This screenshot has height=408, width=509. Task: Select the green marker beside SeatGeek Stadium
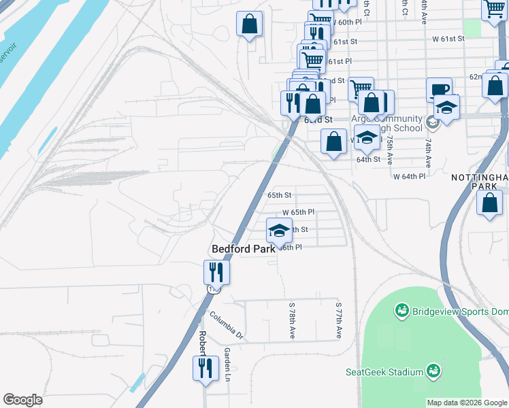[x=433, y=371]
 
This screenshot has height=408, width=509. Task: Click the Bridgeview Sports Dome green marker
[x=401, y=311]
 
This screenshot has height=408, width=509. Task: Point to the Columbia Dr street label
[x=226, y=325]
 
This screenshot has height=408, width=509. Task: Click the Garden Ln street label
[x=227, y=364]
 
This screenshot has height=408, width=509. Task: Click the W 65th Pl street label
[x=299, y=212]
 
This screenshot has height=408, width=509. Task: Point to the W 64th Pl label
[x=409, y=176]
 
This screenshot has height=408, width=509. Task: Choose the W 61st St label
[x=448, y=39]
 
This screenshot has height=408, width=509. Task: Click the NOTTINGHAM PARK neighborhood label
[x=480, y=182]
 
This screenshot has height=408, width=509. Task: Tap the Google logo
[x=22, y=400]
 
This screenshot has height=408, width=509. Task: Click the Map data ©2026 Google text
[x=466, y=403]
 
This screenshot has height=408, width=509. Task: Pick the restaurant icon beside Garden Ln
[x=204, y=367]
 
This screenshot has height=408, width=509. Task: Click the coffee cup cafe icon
[x=439, y=90]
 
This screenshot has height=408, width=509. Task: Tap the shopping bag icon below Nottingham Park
[x=490, y=203]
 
